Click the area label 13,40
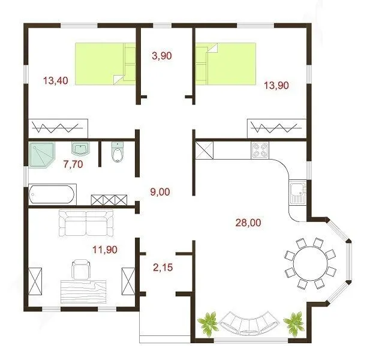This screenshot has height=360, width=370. click(56, 81)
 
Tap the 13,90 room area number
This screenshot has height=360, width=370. click(276, 85)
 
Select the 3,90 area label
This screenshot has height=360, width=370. click(162, 56)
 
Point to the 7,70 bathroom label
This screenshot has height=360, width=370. click(73, 164)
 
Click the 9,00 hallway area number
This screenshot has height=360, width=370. click(160, 192)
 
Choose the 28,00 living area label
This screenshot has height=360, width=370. click(248, 223)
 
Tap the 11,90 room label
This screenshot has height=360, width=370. click(105, 250)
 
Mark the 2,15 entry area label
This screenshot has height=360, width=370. click(163, 268)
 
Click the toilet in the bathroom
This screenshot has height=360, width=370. click(118, 152)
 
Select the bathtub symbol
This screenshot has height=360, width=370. click(52, 194)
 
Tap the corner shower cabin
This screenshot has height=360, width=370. click(41, 155)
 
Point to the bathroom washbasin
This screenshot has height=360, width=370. click(80, 149)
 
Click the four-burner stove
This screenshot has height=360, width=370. click(260, 150)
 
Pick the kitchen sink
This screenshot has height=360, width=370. click(298, 193)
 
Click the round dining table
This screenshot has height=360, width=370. click(310, 263)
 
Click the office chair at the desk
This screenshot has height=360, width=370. click(81, 269)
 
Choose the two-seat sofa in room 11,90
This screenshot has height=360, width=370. click(86, 223)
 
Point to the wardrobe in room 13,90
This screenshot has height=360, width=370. click(277, 128)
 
